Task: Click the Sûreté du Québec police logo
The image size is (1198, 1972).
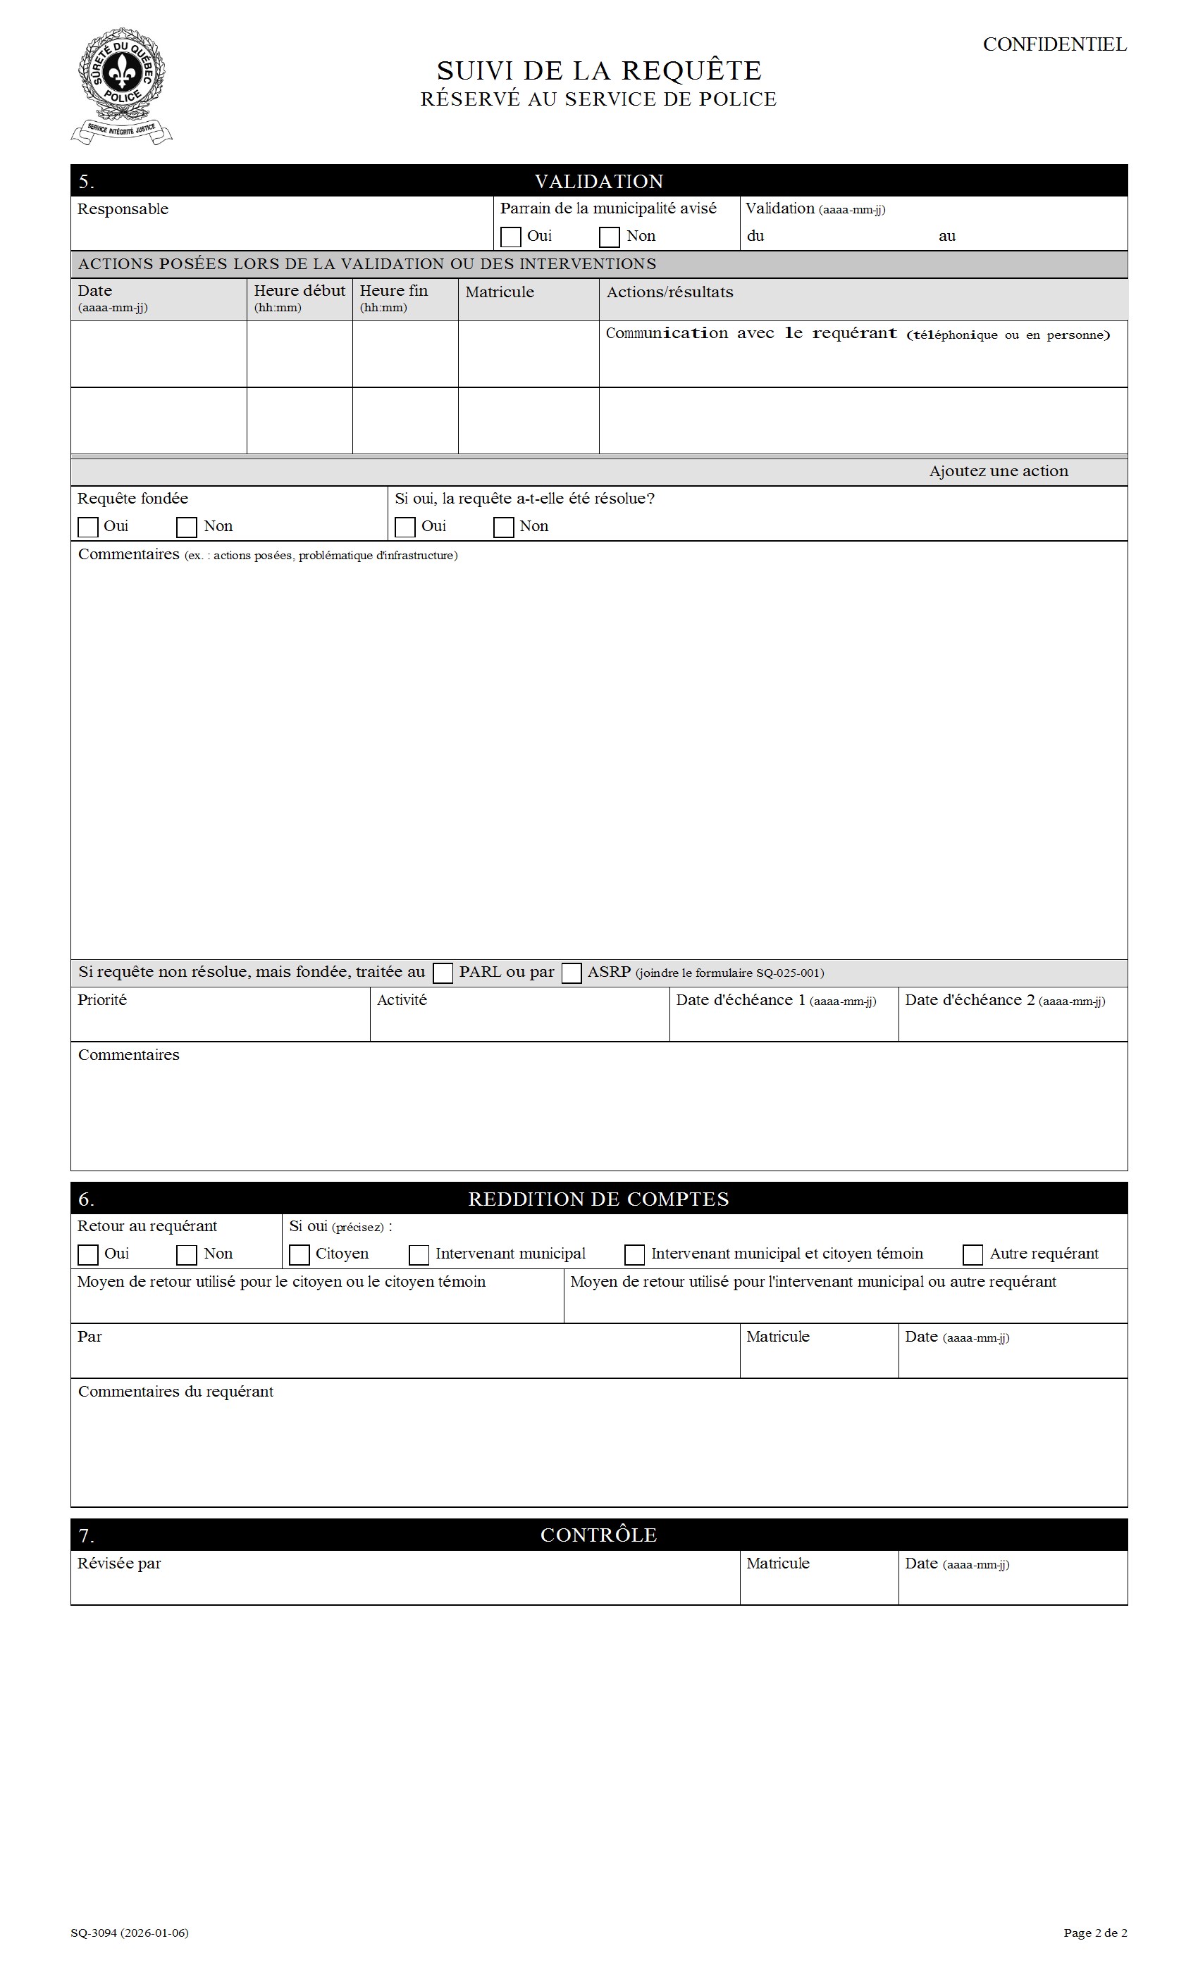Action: (122, 86)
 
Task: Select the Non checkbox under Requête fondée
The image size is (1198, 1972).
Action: (187, 528)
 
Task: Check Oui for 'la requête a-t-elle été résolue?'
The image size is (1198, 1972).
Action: (405, 528)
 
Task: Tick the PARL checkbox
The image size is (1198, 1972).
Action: (443, 973)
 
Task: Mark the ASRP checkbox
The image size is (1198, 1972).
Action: (572, 973)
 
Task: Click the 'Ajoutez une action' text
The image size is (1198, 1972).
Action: (998, 471)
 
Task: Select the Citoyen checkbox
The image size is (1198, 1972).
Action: (299, 1255)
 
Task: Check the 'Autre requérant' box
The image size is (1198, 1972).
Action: (973, 1255)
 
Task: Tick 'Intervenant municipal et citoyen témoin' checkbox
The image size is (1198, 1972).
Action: (634, 1255)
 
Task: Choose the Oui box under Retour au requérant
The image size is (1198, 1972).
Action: (88, 1255)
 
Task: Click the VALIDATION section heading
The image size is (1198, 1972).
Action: (598, 182)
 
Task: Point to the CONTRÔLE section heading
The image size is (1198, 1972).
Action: (598, 1535)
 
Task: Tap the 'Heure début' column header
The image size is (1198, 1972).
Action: (299, 292)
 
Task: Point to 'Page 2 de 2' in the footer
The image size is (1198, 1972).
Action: (1094, 1933)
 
